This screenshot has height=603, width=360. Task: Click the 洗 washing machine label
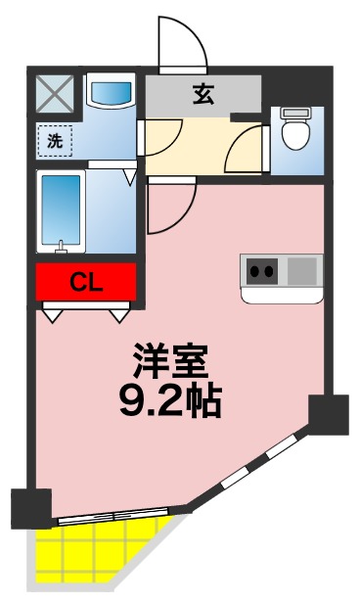click(55, 140)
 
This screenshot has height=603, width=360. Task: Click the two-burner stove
click(263, 268)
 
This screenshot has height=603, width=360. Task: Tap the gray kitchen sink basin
click(303, 268)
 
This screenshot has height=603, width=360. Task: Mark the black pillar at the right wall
click(328, 414)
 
